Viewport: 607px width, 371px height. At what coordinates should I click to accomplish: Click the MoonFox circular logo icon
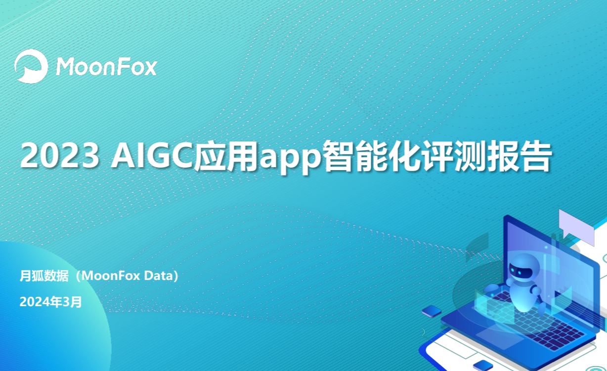31,66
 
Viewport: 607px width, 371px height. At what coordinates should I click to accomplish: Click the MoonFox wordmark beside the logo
106,66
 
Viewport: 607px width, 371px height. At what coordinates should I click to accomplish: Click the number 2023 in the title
60,156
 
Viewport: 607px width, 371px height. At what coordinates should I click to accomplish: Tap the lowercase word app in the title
290,159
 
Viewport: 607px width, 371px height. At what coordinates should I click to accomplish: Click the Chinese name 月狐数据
44,276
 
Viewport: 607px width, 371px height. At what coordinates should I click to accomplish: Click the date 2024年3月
51,302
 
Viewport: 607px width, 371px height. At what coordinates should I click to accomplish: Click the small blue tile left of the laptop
432,311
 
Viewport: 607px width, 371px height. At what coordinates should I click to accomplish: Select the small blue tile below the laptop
483,365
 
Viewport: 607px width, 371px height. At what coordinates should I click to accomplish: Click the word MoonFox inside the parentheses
111,276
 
